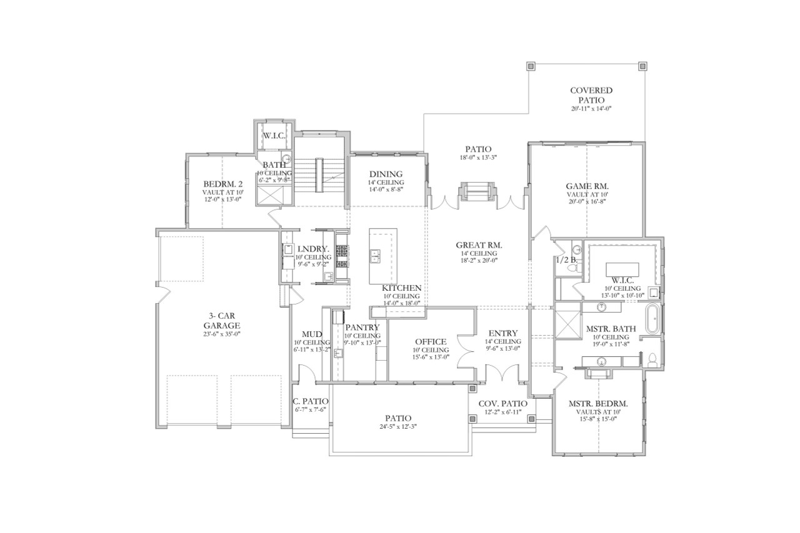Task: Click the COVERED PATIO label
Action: (591, 95)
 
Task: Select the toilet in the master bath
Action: (651, 360)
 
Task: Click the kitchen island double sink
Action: (376, 255)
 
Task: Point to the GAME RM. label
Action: (587, 186)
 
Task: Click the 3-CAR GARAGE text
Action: (224, 321)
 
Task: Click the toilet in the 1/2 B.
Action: (578, 266)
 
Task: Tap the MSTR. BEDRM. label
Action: (598, 404)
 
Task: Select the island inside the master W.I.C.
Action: (622, 270)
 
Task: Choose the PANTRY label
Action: (362, 327)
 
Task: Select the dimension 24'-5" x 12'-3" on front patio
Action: (398, 427)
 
